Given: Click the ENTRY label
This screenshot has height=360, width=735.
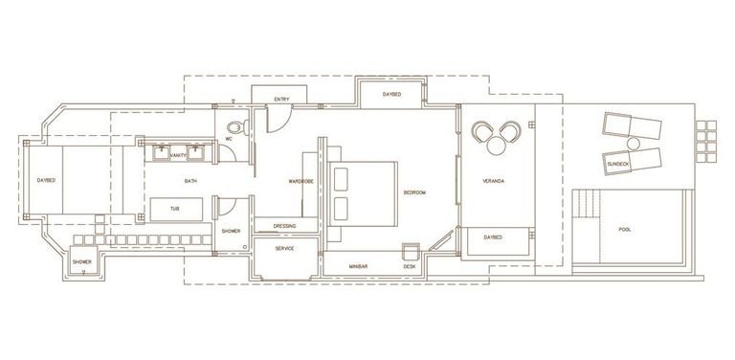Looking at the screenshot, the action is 281,100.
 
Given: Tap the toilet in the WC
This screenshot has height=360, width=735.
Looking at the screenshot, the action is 237,127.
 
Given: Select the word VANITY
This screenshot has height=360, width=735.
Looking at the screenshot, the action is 178,155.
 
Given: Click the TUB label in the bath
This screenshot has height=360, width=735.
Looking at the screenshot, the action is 175,209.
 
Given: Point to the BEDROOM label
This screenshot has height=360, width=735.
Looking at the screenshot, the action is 414,192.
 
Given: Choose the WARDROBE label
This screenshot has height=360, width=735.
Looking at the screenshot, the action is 301,181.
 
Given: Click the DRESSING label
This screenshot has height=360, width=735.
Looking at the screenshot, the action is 284,226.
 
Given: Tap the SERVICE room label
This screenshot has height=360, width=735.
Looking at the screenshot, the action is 284,248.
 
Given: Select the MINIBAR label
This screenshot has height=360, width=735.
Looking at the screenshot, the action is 358,266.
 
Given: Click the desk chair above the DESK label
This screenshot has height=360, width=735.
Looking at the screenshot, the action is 412,252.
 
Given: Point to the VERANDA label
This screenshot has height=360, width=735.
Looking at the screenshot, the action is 493,181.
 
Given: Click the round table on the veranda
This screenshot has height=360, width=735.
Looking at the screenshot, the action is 496,146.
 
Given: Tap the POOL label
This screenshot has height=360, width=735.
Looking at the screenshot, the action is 624,230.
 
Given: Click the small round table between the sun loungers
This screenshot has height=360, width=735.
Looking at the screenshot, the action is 634,143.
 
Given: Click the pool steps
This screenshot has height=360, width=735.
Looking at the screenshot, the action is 586,203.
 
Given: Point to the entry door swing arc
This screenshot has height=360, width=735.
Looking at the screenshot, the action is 283,123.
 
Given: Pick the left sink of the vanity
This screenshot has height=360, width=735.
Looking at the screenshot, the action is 161,153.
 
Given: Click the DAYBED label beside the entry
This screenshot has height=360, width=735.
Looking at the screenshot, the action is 391,94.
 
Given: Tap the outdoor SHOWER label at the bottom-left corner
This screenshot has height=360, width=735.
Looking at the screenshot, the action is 82,261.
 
